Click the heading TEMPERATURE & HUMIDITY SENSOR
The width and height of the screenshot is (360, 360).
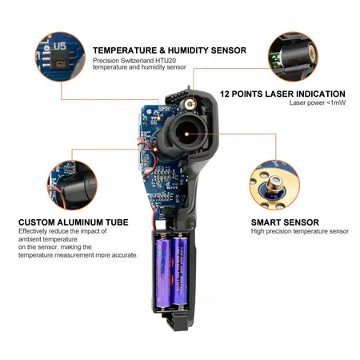pyautogui.click(x=169, y=50)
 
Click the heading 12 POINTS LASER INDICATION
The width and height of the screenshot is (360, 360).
pyautogui.click(x=282, y=94)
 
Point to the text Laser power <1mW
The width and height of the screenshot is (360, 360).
pyautogui.click(x=318, y=103)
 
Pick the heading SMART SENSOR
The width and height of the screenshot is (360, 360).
pyautogui.click(x=285, y=222)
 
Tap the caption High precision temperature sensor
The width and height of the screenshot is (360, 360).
pyautogui.click(x=299, y=232)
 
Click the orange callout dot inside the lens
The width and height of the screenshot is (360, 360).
pyautogui.click(x=187, y=134)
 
